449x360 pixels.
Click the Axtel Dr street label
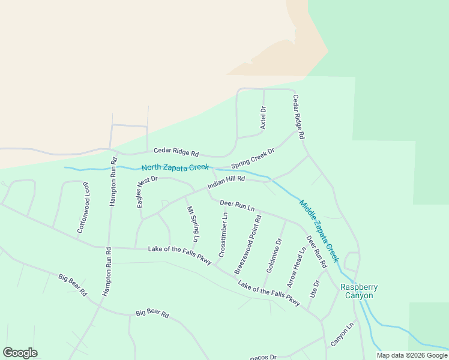(x=263, y=118)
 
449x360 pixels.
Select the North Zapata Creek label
(x=175, y=167)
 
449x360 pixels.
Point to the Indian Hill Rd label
(x=226, y=182)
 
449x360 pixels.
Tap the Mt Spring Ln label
(x=192, y=224)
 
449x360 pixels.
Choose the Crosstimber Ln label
(x=223, y=235)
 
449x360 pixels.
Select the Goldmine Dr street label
(x=274, y=256)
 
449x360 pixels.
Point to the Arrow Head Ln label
(x=297, y=267)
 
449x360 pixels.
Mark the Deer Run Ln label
(x=237, y=205)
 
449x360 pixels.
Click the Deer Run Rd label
(x=316, y=251)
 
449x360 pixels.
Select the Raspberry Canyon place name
(x=357, y=291)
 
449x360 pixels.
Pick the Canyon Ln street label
(x=343, y=334)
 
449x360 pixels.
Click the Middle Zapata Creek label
(x=319, y=231)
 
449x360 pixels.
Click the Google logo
(x=20, y=353)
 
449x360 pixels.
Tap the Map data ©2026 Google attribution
(x=412, y=355)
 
